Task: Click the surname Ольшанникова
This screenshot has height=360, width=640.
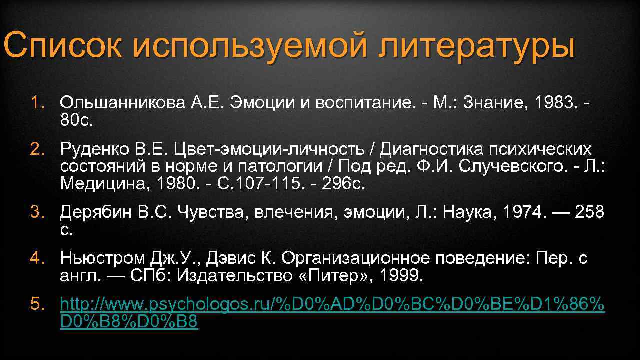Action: tap(122, 103)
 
